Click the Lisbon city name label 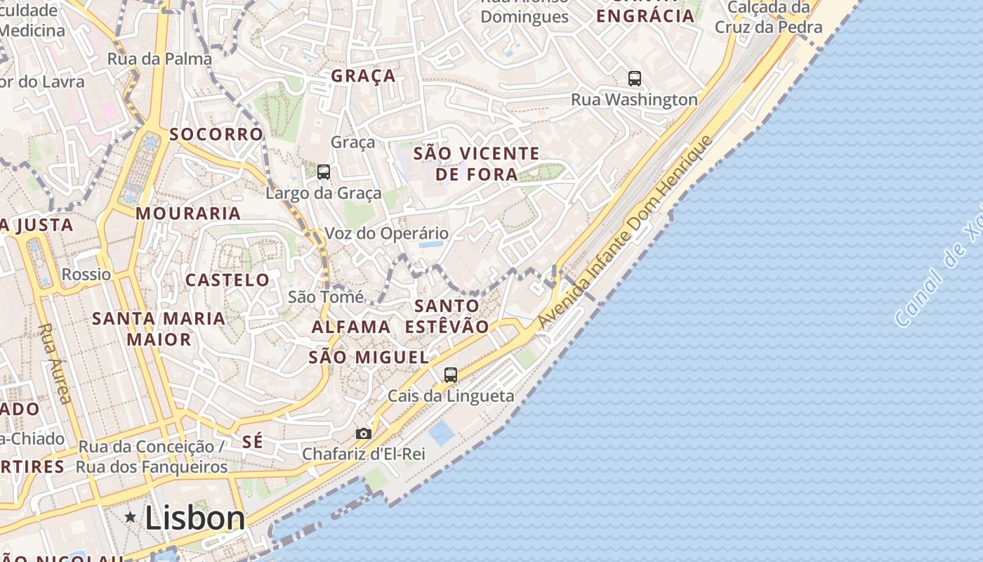(x=195, y=518)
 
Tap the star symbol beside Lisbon (x=130, y=518)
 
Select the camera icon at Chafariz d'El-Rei (x=363, y=434)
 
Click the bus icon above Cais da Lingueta (x=451, y=375)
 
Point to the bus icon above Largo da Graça (x=324, y=172)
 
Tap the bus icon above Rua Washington (x=635, y=79)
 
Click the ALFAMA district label (x=351, y=327)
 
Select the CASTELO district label (x=227, y=280)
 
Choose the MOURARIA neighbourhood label (x=188, y=213)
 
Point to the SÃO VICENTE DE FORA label (x=476, y=164)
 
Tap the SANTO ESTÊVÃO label (x=447, y=316)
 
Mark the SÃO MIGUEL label (x=369, y=357)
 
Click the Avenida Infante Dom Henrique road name (x=625, y=232)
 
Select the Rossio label (x=86, y=274)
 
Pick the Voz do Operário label (x=386, y=233)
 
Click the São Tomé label (x=326, y=296)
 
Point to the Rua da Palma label (x=159, y=59)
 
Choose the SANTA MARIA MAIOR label (x=159, y=329)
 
